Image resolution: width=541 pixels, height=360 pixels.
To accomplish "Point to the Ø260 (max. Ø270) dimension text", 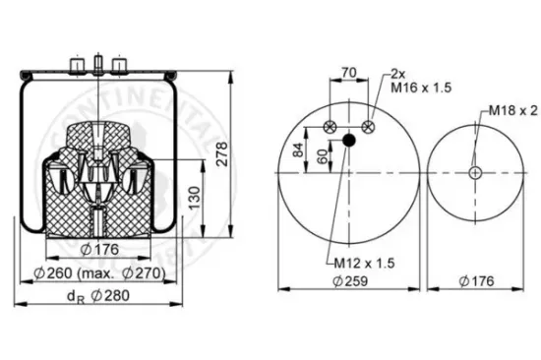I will click(x=98, y=271).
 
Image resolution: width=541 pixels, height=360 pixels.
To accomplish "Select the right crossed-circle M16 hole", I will click(x=368, y=126).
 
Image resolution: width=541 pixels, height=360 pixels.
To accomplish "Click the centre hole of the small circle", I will click(x=475, y=172).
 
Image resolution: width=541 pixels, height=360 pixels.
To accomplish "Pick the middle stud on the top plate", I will click(x=99, y=66).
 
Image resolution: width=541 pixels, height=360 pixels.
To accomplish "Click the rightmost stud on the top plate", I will click(x=119, y=66).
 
